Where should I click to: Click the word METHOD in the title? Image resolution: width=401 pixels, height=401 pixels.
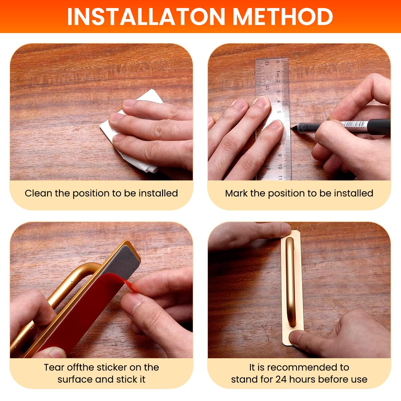click(x=283, y=16)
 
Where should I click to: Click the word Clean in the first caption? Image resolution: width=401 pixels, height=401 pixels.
click(x=38, y=193)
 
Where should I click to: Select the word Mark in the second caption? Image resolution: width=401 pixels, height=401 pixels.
click(x=237, y=193)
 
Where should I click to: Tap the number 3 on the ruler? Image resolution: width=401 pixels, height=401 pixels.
click(x=278, y=91)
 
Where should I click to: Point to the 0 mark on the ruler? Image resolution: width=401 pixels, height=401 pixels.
click(x=278, y=62)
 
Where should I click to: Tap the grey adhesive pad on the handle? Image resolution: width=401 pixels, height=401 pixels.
click(x=121, y=260)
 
